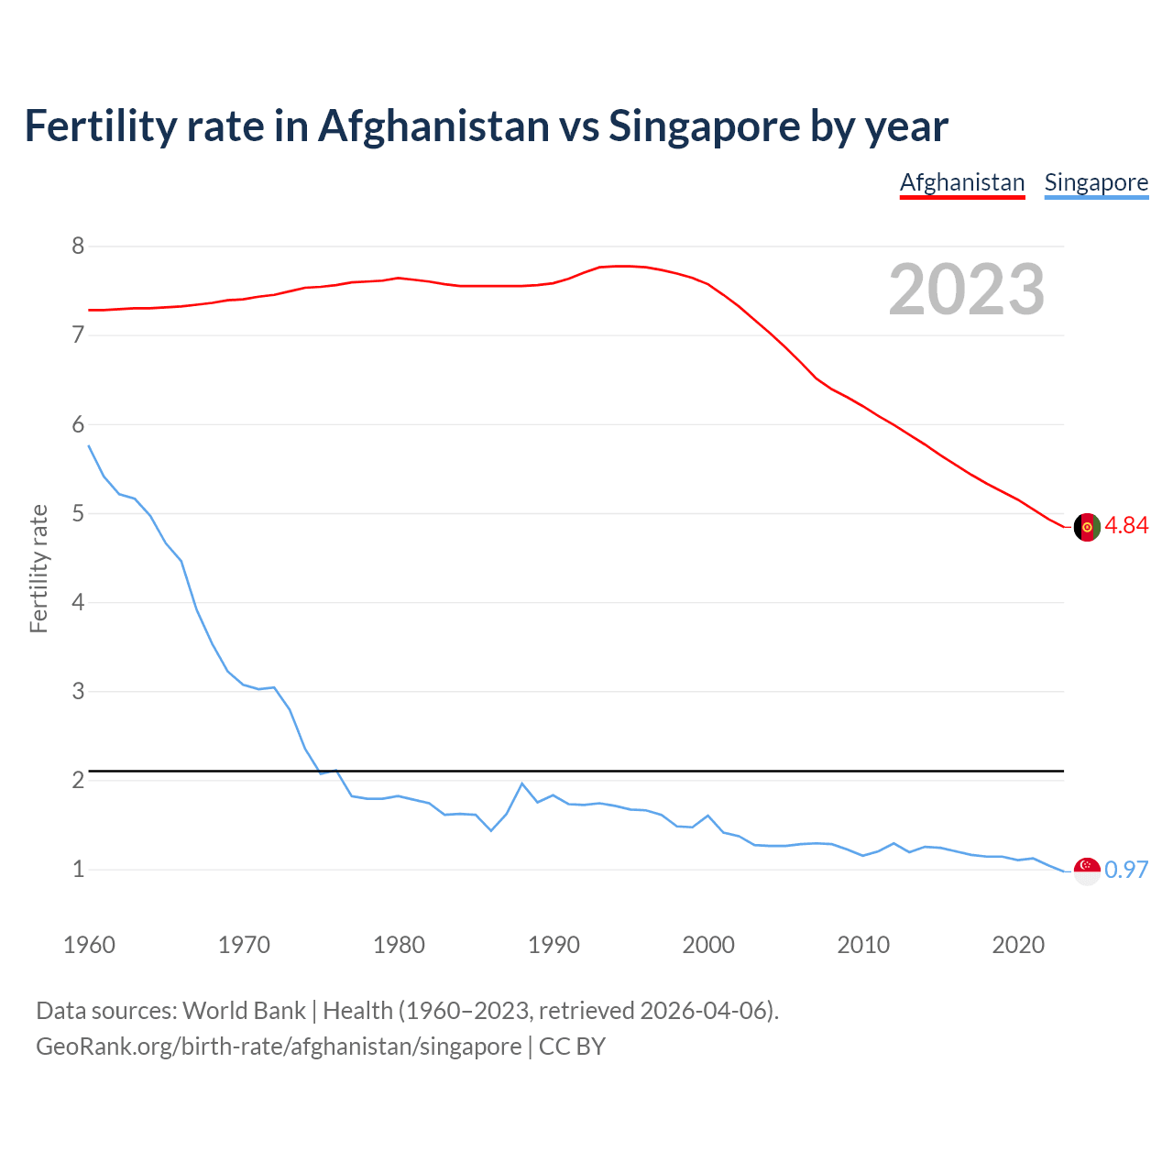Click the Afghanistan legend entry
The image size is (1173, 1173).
[x=961, y=182]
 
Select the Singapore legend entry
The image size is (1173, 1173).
[x=1096, y=182]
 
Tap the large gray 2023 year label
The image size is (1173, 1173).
[x=967, y=290]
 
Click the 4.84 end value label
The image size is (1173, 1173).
[x=1126, y=525]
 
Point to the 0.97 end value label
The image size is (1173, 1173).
[x=1126, y=870]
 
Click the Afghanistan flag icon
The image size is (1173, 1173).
[x=1087, y=527]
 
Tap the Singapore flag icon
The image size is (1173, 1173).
[x=1087, y=871]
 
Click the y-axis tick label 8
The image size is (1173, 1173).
[x=78, y=246]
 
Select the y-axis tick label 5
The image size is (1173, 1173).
[x=78, y=513]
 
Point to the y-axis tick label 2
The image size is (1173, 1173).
[x=78, y=780]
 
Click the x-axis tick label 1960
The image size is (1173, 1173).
[x=89, y=945]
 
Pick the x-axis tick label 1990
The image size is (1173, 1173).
[x=554, y=945]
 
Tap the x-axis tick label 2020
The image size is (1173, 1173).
[x=1018, y=945]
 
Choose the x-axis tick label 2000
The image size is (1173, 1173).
[x=708, y=945]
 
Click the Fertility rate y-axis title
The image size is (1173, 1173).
[x=38, y=568]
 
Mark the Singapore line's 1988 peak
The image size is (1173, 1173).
[x=522, y=784]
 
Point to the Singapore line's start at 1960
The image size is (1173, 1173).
[x=89, y=445]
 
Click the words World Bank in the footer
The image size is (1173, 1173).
[x=244, y=1010]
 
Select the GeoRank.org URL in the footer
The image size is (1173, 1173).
[x=279, y=1046]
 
